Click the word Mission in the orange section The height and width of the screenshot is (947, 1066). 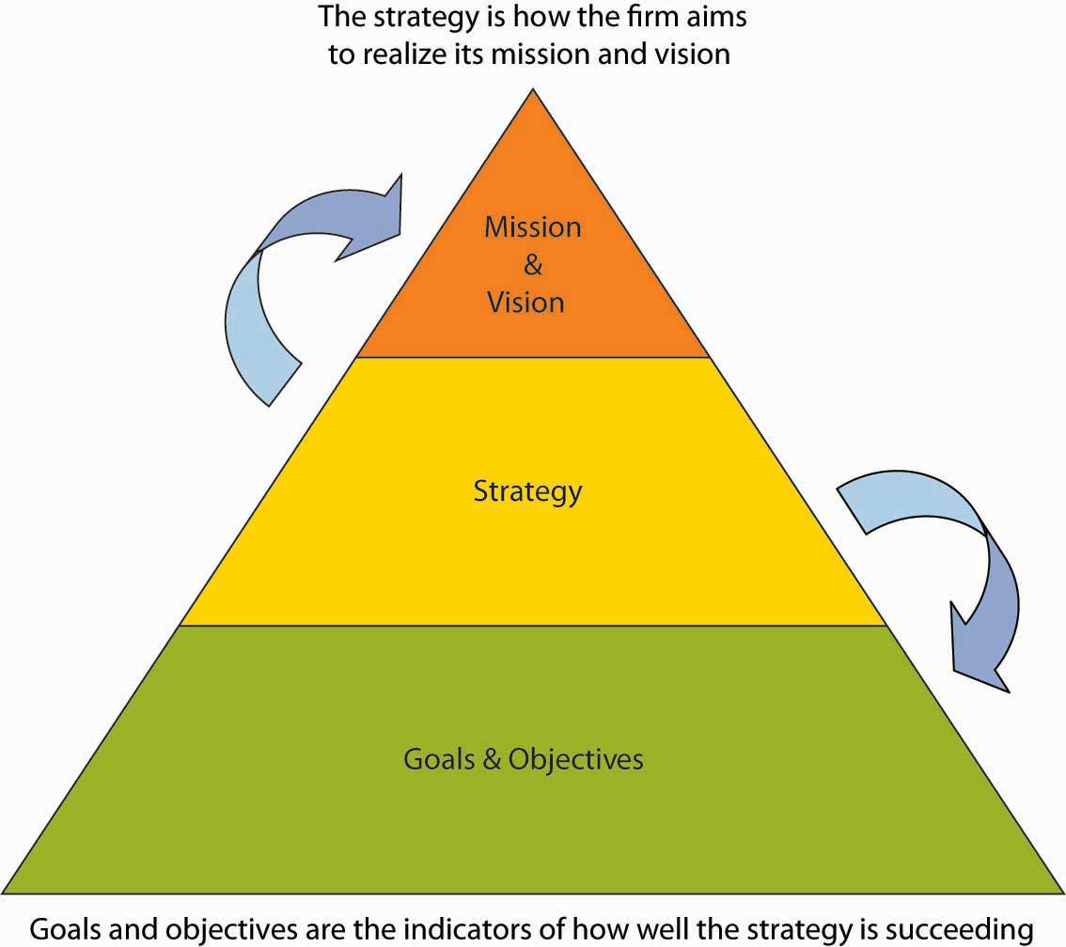(x=532, y=226)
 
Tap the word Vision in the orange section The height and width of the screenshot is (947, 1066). (x=532, y=302)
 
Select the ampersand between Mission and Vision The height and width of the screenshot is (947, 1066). (x=533, y=265)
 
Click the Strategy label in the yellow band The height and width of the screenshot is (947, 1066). (x=527, y=491)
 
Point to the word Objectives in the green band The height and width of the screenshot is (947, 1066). (x=575, y=758)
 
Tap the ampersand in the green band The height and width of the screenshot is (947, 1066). (x=492, y=758)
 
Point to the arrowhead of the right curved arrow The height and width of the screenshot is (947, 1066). (x=978, y=658)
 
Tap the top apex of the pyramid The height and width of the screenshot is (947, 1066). (x=533, y=90)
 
